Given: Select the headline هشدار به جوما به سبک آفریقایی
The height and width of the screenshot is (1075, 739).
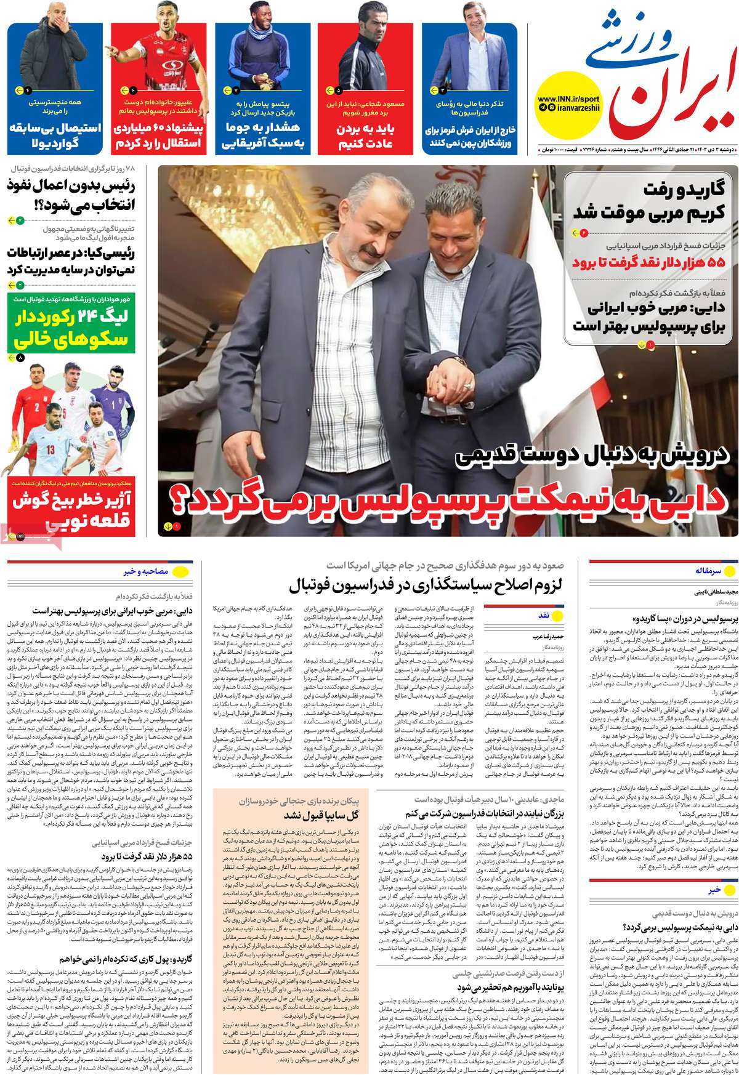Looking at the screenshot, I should click(264, 137).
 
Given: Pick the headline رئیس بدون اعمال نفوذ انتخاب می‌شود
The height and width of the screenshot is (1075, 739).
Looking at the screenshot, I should click(71, 195).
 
